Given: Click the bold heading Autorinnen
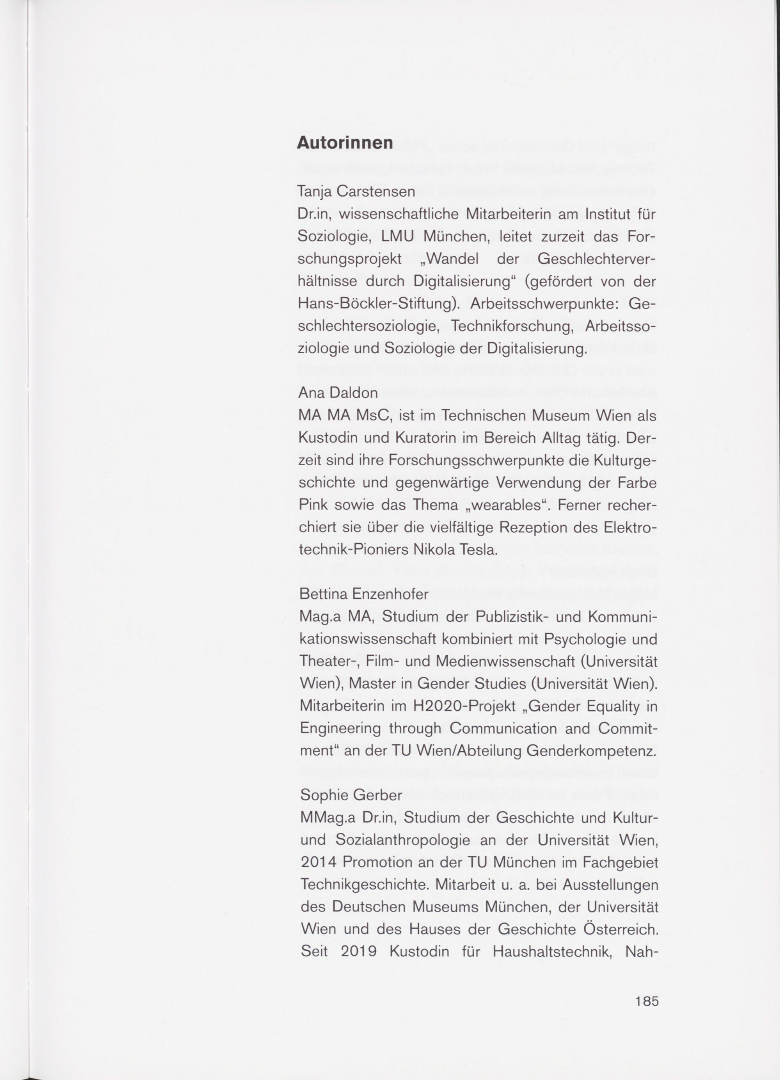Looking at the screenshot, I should tap(345, 143).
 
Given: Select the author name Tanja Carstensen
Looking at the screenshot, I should tap(356, 192).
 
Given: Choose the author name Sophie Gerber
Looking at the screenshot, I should tap(351, 795).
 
